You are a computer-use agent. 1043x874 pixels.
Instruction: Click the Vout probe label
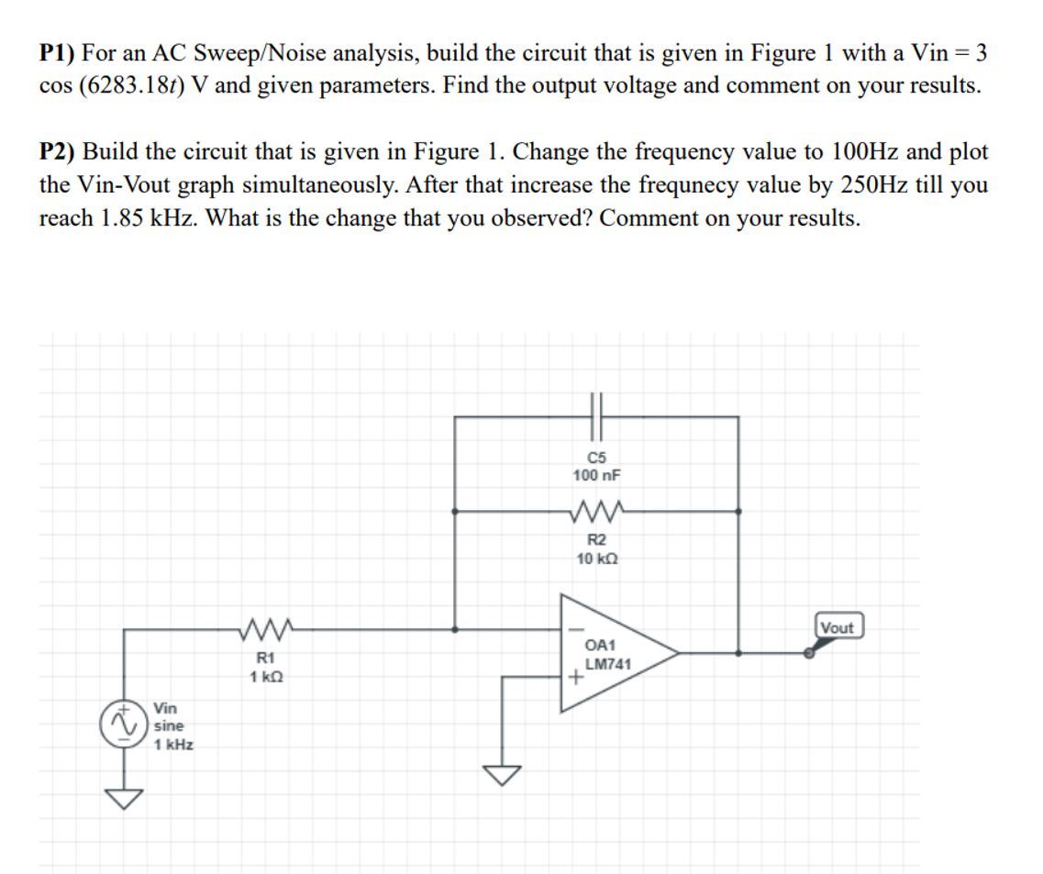837,627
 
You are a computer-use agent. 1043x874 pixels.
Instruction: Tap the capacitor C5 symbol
596,415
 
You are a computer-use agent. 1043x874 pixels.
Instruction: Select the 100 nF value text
596,475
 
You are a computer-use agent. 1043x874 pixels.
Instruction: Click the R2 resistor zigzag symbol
596,510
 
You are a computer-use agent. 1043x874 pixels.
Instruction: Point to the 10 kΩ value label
596,559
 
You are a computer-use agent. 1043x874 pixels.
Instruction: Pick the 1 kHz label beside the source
173,745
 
